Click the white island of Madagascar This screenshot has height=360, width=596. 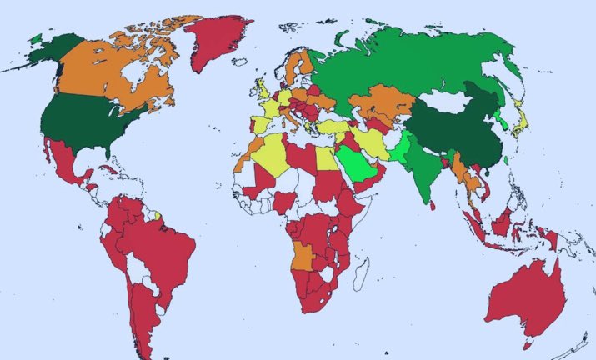tap(361, 271)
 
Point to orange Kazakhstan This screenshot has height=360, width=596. tap(379, 104)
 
